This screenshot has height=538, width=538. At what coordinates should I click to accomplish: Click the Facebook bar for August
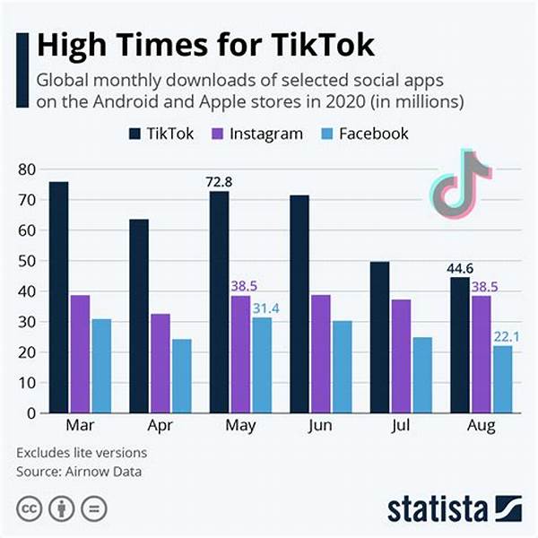(504, 379)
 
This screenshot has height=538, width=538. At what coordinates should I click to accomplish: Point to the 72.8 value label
(219, 182)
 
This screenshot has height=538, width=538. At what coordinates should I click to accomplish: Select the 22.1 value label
(505, 336)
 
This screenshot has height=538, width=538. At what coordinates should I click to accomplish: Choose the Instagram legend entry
(260, 134)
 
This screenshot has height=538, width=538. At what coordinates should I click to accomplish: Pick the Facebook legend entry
(364, 134)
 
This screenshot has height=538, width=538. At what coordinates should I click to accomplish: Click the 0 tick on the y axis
(30, 413)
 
